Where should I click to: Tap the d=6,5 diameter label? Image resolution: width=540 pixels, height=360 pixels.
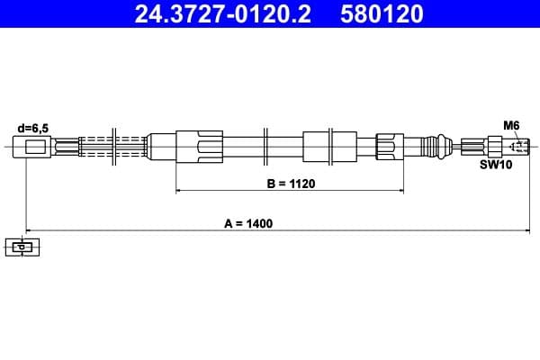(x=33, y=128)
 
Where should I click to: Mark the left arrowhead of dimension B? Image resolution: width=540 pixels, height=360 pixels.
(x=179, y=191)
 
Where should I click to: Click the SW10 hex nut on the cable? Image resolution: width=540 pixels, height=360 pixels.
(x=494, y=146)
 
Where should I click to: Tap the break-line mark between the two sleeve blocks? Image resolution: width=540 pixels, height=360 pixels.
(x=266, y=146)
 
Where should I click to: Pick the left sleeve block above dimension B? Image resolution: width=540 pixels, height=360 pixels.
(x=199, y=146)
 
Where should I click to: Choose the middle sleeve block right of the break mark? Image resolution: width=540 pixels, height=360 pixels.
(x=319, y=146)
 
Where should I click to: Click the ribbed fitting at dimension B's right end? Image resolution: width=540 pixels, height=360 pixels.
(x=385, y=146)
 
